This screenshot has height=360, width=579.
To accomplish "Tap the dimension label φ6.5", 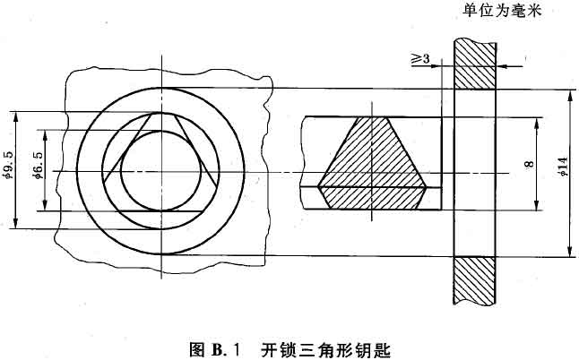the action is point(39,165).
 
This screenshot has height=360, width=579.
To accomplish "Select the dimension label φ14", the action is point(563,166).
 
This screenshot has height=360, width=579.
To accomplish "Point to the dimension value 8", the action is point(530,163).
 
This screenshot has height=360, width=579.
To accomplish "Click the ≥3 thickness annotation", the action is point(420,58).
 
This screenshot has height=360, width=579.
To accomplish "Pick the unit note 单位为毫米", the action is point(501,11).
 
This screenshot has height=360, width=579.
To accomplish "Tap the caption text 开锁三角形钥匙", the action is point(325,348).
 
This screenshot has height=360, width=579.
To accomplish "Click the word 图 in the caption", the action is point(197,348).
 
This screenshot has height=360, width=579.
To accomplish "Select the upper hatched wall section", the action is point(475,64).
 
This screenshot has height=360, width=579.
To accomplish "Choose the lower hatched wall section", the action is point(475,280).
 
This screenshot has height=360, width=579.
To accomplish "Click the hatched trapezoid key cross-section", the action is point(372,163).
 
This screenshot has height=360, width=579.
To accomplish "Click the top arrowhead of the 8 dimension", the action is point(537,124).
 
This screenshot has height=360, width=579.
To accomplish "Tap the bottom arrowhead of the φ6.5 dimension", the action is point(45,205).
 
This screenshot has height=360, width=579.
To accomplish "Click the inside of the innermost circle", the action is point(161,171).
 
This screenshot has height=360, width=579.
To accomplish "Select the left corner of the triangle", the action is point(104,182).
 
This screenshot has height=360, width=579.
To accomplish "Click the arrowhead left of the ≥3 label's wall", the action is point(436,66).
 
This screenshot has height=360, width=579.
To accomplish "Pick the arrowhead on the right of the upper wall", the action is point(502,66).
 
